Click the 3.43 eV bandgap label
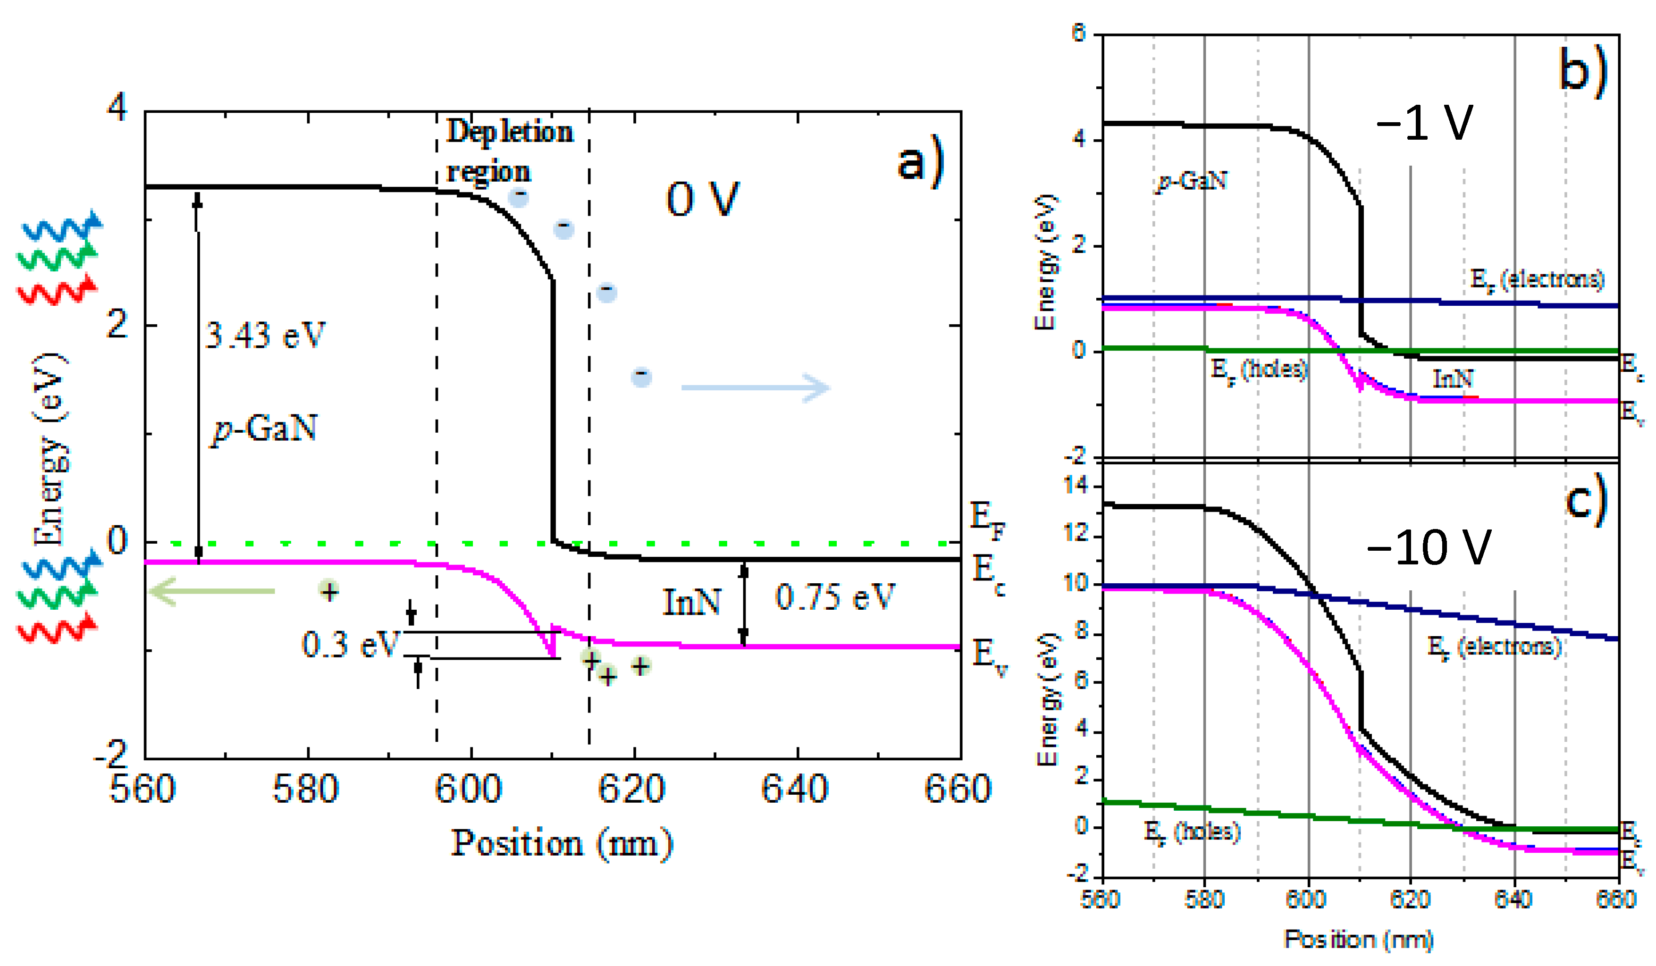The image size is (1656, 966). [265, 336]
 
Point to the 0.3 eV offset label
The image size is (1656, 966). [350, 645]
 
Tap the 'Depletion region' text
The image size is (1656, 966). [509, 151]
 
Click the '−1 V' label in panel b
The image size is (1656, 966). [1424, 123]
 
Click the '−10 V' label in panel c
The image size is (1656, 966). [1429, 547]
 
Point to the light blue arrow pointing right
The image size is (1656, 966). [756, 388]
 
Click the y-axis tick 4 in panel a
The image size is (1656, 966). [117, 107]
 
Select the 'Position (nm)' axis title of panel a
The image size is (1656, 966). [562, 844]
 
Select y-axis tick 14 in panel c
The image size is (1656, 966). [1076, 486]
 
